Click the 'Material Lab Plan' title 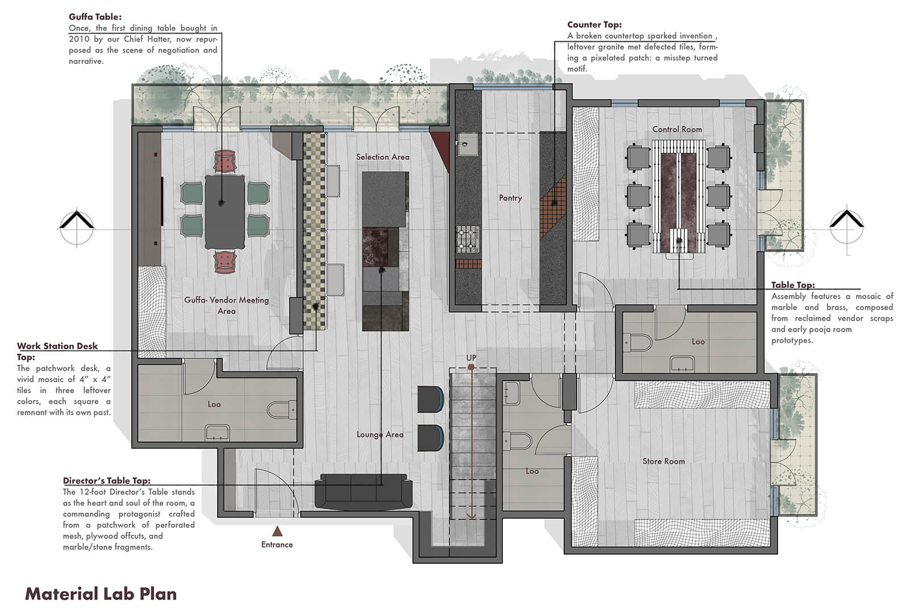pos(101,594)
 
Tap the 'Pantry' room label pos(510,198)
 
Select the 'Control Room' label pos(677,129)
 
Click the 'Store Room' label pos(663,461)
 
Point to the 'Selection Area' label pos(383,157)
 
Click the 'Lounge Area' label pos(380,435)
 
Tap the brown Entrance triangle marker pos(277,531)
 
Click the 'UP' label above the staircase pos(471,358)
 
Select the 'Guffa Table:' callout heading pos(95,17)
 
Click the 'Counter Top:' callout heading pos(594,25)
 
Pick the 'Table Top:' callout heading pos(793,285)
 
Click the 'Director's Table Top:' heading pos(106,481)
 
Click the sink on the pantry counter pos(468,145)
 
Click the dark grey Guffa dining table pos(225,212)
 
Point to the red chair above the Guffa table pos(225,161)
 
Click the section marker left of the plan pos(77,227)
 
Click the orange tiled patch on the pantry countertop pos(553,207)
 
